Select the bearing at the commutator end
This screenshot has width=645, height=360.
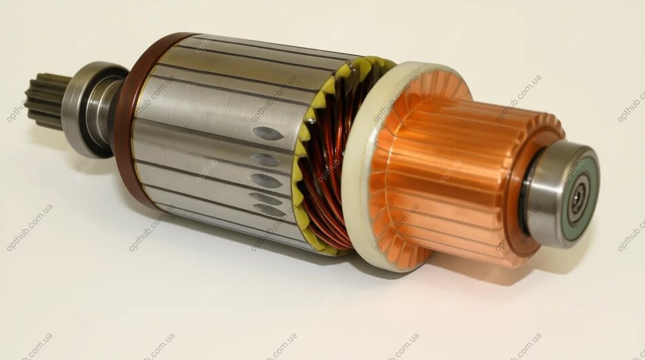(x=561, y=194)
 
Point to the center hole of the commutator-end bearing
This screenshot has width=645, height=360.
(x=580, y=193)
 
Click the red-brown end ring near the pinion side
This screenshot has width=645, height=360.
(x=128, y=120)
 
